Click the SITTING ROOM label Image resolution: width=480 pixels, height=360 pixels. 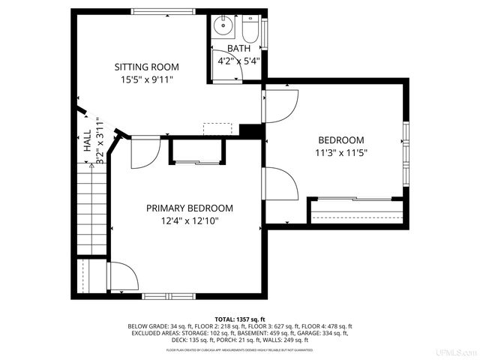coord(146,67)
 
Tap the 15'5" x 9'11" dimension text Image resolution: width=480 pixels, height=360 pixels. coord(146,79)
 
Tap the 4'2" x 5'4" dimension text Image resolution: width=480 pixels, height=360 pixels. coord(239,61)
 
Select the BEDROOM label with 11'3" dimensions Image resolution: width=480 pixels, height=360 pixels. coord(341,140)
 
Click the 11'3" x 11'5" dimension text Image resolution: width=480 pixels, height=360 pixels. coord(341,152)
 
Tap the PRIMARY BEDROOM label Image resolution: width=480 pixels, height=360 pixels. coord(189,208)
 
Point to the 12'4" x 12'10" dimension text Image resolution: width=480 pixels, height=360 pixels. coord(189,220)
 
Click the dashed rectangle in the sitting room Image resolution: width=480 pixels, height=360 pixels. coord(218,129)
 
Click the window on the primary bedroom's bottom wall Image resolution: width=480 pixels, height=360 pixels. coord(167,295)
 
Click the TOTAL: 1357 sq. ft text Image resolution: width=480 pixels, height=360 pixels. coord(240,319)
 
